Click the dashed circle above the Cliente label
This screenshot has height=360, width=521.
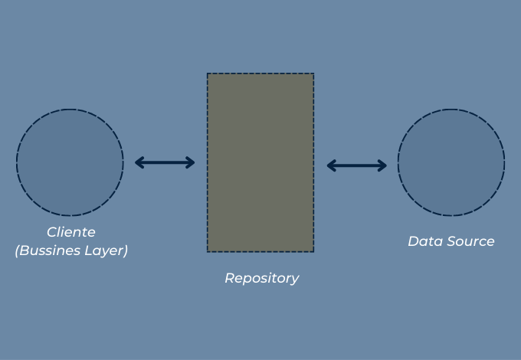coord(70,162)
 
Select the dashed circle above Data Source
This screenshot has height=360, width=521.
coord(451,162)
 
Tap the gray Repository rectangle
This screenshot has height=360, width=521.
coord(260,162)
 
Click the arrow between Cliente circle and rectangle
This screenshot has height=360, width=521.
coord(165,162)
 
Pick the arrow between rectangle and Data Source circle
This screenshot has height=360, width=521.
coord(357,165)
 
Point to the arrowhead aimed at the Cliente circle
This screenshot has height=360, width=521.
coord(139,162)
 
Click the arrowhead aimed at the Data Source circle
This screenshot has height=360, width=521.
coord(383,165)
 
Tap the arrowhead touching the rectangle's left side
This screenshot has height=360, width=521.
coord(191,162)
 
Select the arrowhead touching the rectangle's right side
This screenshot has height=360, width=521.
coord(331,165)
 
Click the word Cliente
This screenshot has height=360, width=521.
coord(70,232)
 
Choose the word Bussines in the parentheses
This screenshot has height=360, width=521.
coord(51,250)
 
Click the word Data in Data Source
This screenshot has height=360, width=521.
coord(422,241)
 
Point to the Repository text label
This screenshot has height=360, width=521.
coord(261,278)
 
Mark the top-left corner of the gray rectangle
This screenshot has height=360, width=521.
coord(208,74)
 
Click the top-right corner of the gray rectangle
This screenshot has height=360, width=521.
coord(313,74)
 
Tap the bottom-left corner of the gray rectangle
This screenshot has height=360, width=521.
coord(208,251)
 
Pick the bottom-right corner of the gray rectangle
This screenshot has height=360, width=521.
coord(313,251)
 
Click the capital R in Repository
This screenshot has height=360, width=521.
coord(229,278)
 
